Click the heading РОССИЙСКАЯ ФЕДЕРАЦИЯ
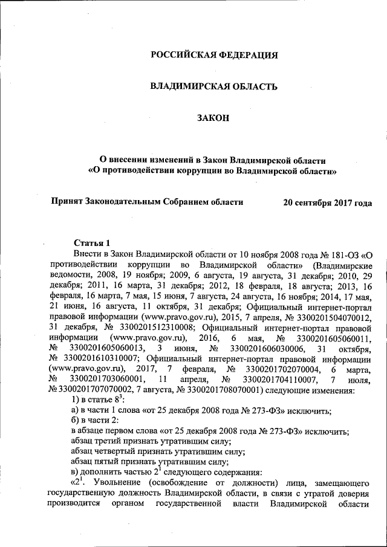tap(213, 55)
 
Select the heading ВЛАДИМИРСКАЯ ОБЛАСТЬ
tap(213, 86)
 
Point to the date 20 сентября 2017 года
tap(327, 202)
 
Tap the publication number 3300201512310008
tap(154, 328)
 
